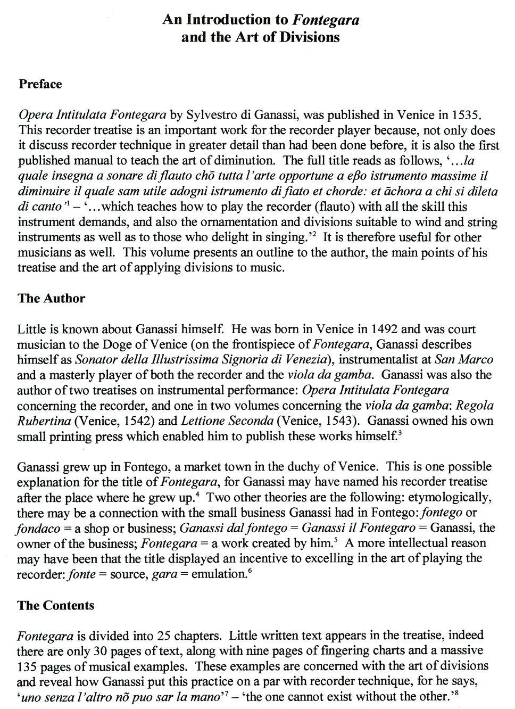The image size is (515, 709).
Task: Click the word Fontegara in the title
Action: point(324,20)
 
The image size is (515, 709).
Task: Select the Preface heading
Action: point(40,84)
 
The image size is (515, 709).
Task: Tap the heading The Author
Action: point(51,298)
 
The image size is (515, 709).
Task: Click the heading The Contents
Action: point(55,605)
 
